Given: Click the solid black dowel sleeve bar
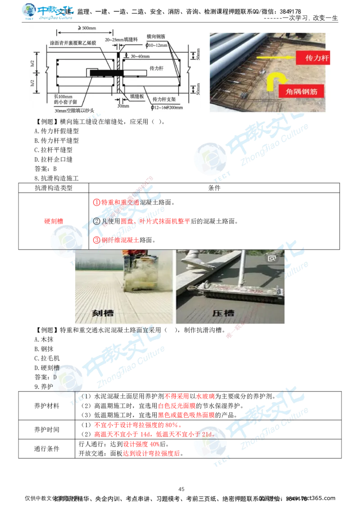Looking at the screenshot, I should (103, 72).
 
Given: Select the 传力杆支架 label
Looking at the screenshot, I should (162, 98).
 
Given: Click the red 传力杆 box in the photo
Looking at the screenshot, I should (313, 58).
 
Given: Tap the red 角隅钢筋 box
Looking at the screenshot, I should (307, 91).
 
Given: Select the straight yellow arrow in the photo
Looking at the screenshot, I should (274, 58).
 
